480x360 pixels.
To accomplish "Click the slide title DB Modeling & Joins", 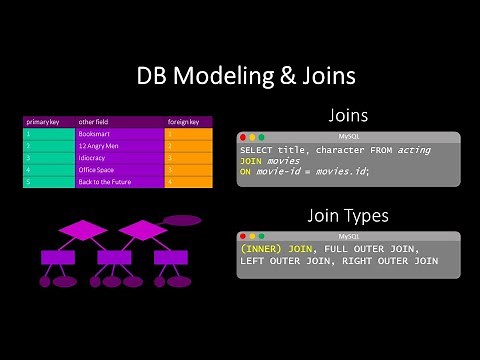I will coord(240,77).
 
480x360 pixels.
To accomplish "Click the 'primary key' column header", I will coord(42,121).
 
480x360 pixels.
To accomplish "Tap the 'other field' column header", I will coord(93,121).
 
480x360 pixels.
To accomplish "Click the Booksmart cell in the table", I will coord(94,133).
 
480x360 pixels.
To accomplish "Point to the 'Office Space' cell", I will coord(97,170).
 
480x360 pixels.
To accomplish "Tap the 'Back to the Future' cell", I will coord(104,182).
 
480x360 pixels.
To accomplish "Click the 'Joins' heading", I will coord(349,115).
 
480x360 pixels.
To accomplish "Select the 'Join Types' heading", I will coord(349,214).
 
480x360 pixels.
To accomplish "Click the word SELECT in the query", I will coord(257,149).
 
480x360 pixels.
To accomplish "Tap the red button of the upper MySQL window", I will coord(243,136).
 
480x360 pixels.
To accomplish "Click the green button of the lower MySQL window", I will coord(262,235).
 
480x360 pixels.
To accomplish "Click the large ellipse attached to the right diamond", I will coord(181,220).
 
